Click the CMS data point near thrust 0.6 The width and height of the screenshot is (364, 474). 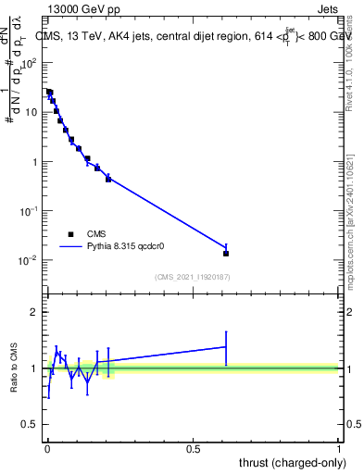tap(226, 253)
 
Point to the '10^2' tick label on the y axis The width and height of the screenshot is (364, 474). tap(29, 63)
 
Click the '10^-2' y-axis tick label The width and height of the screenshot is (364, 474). tap(29, 260)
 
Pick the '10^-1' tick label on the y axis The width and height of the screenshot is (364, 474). tap(29, 211)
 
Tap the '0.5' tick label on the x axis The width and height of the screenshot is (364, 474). tap(193, 448)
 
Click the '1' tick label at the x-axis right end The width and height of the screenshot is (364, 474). tap(339, 448)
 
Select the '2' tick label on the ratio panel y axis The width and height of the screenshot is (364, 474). tap(33, 312)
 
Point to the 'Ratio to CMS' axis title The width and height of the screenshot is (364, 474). tap(14, 368)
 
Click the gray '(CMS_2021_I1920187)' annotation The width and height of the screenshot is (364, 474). tap(193, 277)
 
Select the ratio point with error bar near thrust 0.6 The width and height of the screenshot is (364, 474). tap(226, 346)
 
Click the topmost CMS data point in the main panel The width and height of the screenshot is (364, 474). tap(49, 93)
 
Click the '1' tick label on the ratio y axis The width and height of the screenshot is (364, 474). tap(33, 368)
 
